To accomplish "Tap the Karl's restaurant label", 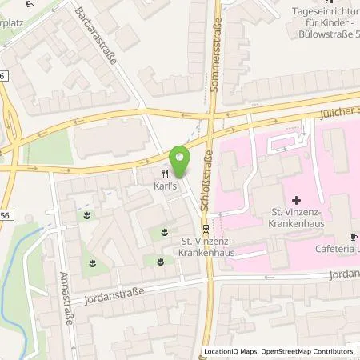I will click(x=165, y=187).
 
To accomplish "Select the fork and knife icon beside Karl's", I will click(x=165, y=174).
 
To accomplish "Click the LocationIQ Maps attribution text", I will click(x=231, y=352).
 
